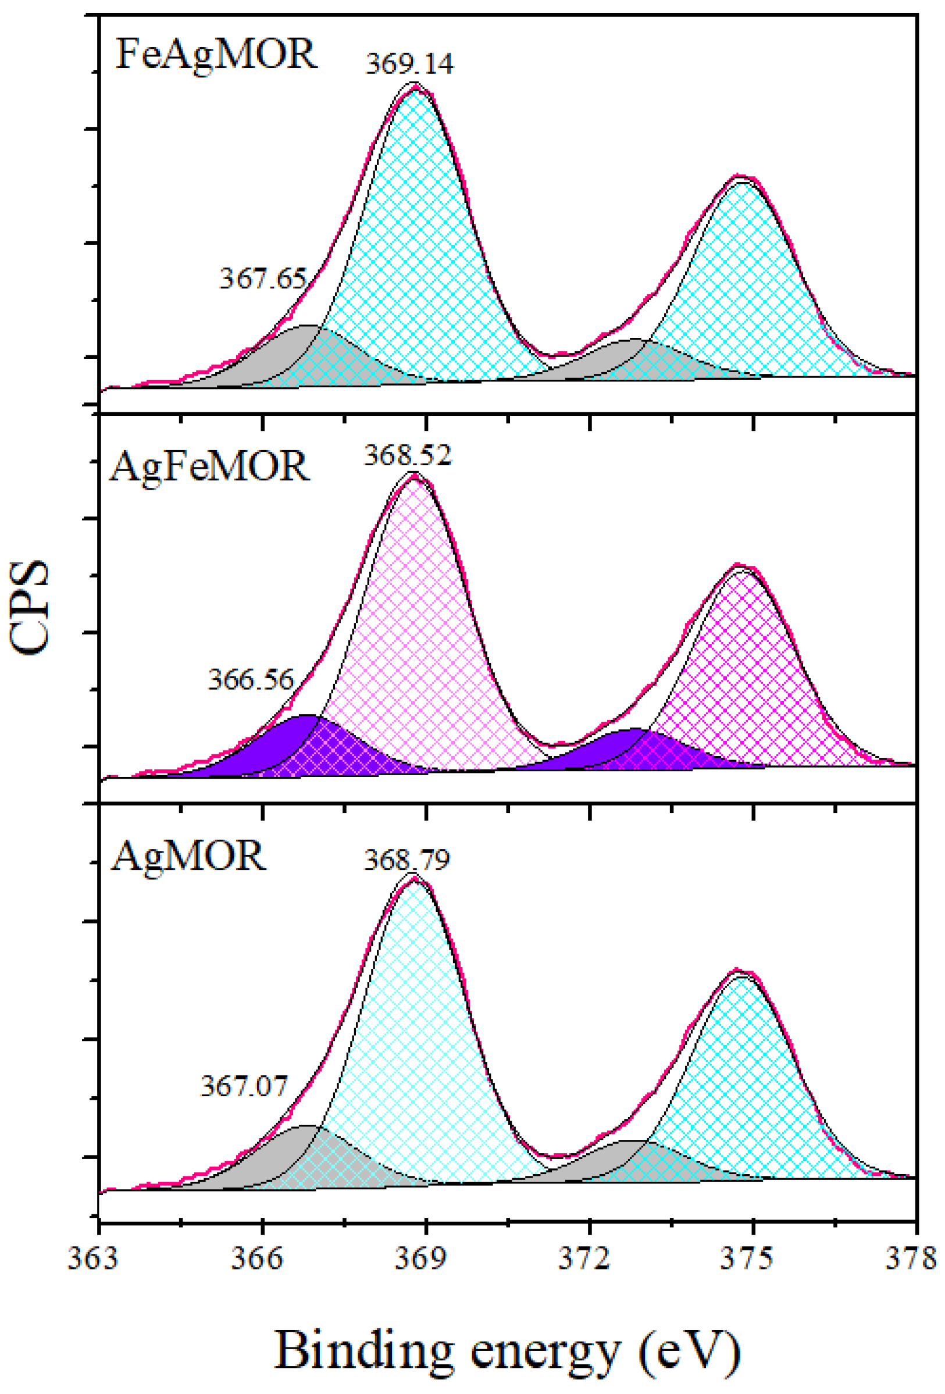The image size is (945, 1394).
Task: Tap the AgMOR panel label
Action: (188, 857)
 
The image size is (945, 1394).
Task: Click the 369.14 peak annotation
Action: (409, 63)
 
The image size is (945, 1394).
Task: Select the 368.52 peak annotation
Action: (407, 457)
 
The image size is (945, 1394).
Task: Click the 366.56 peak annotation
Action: (251, 680)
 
